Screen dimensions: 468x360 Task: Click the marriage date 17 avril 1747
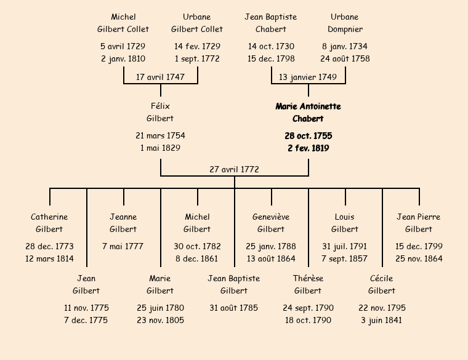[x=160, y=78]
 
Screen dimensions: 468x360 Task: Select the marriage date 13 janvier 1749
[x=308, y=78]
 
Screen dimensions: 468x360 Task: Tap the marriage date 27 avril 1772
[x=234, y=169]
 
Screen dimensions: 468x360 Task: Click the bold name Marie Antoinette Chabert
[x=308, y=113]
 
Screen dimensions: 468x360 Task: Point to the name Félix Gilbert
[x=160, y=112]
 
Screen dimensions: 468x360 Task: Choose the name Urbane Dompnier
[x=345, y=23]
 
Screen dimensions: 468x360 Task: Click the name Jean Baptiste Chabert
[x=271, y=23]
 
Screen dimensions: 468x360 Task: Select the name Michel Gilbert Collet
[x=123, y=23]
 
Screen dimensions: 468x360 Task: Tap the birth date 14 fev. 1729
[x=197, y=46]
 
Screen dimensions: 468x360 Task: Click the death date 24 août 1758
[x=345, y=58]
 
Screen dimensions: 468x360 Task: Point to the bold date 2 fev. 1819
[x=309, y=148]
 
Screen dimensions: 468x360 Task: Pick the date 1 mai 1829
[x=160, y=148]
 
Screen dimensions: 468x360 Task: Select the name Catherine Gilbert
[x=49, y=223]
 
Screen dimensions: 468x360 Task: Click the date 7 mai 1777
[x=123, y=246]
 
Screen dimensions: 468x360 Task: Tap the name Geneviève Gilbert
[x=271, y=223]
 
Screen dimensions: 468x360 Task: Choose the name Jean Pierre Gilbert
[x=419, y=223]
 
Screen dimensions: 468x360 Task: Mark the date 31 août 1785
[x=234, y=308]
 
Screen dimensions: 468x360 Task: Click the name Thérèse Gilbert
[x=308, y=284]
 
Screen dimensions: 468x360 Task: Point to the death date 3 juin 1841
[x=381, y=321]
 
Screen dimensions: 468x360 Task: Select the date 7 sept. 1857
[x=344, y=258]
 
